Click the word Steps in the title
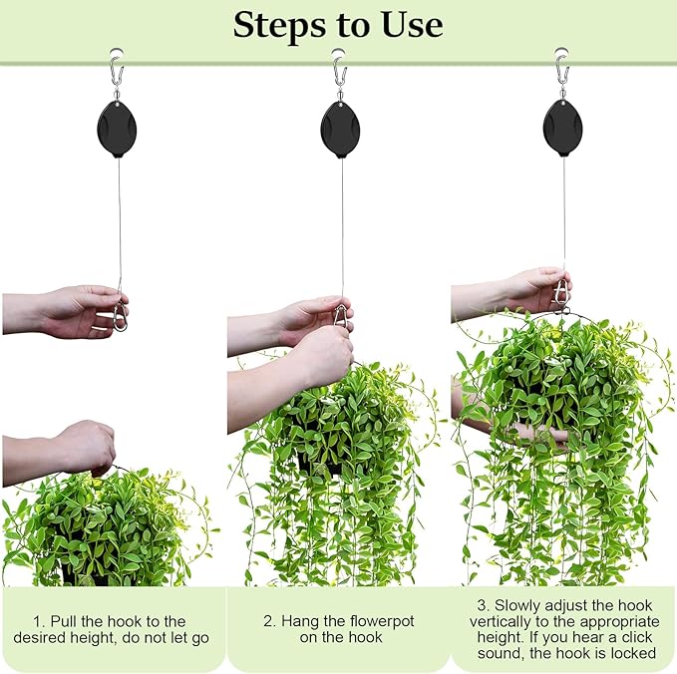click(x=280, y=25)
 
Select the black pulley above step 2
click(x=340, y=127)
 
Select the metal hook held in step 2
click(x=340, y=315)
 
